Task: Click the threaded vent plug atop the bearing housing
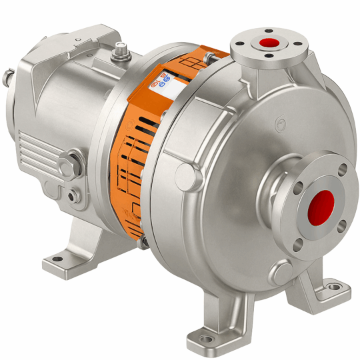[x=121, y=50]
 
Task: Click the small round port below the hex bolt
[x=73, y=197]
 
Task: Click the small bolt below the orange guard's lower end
[x=141, y=241]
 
